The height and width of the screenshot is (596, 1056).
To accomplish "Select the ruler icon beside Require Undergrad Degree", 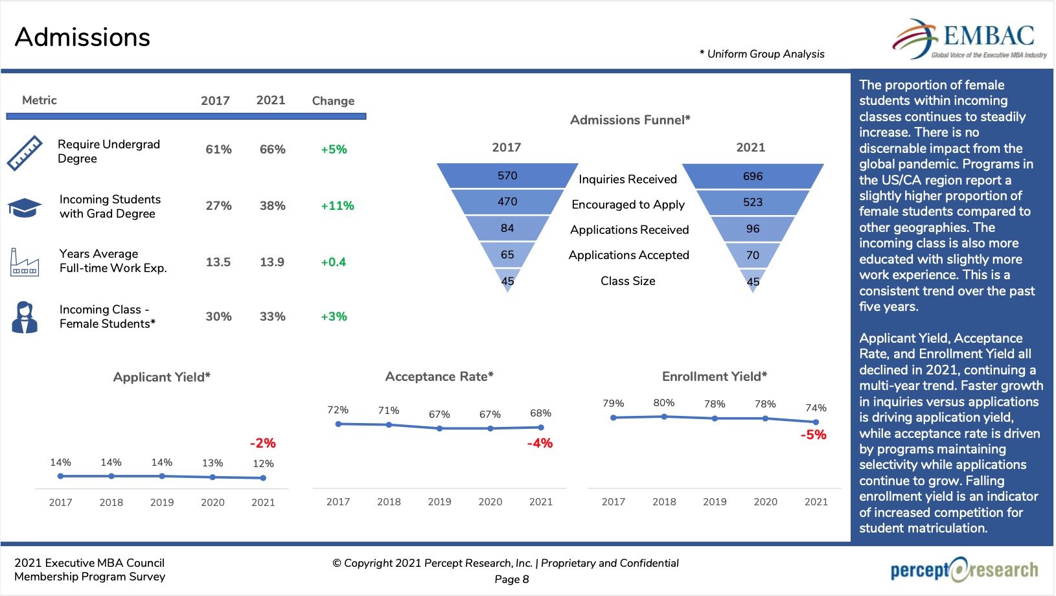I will point(25,153).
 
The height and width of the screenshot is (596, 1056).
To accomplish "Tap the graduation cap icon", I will point(25,207).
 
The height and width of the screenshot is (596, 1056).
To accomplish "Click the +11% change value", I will point(338,206).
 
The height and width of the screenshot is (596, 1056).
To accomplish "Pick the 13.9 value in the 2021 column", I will point(272,262).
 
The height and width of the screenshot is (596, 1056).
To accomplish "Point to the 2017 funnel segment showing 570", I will point(507,176).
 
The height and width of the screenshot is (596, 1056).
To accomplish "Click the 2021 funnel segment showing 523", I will point(752,202).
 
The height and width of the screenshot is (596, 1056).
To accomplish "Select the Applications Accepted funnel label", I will point(628,255).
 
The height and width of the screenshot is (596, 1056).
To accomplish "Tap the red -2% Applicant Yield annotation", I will point(263,443).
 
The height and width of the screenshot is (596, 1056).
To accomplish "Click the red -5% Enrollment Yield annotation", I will point(813,435).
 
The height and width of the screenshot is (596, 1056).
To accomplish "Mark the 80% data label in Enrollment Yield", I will point(664,403).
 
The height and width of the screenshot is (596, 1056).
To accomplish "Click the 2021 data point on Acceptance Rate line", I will point(541,428).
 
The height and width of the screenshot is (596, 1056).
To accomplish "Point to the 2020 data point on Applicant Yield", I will point(212,477).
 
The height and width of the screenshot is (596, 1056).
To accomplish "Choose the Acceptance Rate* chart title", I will point(439,376).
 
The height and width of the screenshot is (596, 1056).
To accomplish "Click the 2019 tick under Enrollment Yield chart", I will point(715,501).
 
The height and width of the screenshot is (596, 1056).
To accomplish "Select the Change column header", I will point(333,100).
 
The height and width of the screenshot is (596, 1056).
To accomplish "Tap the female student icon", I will point(25,317).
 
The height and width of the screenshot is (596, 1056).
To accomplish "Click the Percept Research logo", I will point(964,570).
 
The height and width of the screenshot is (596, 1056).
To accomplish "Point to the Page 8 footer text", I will point(512,579).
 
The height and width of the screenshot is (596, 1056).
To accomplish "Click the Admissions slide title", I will point(82,37).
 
